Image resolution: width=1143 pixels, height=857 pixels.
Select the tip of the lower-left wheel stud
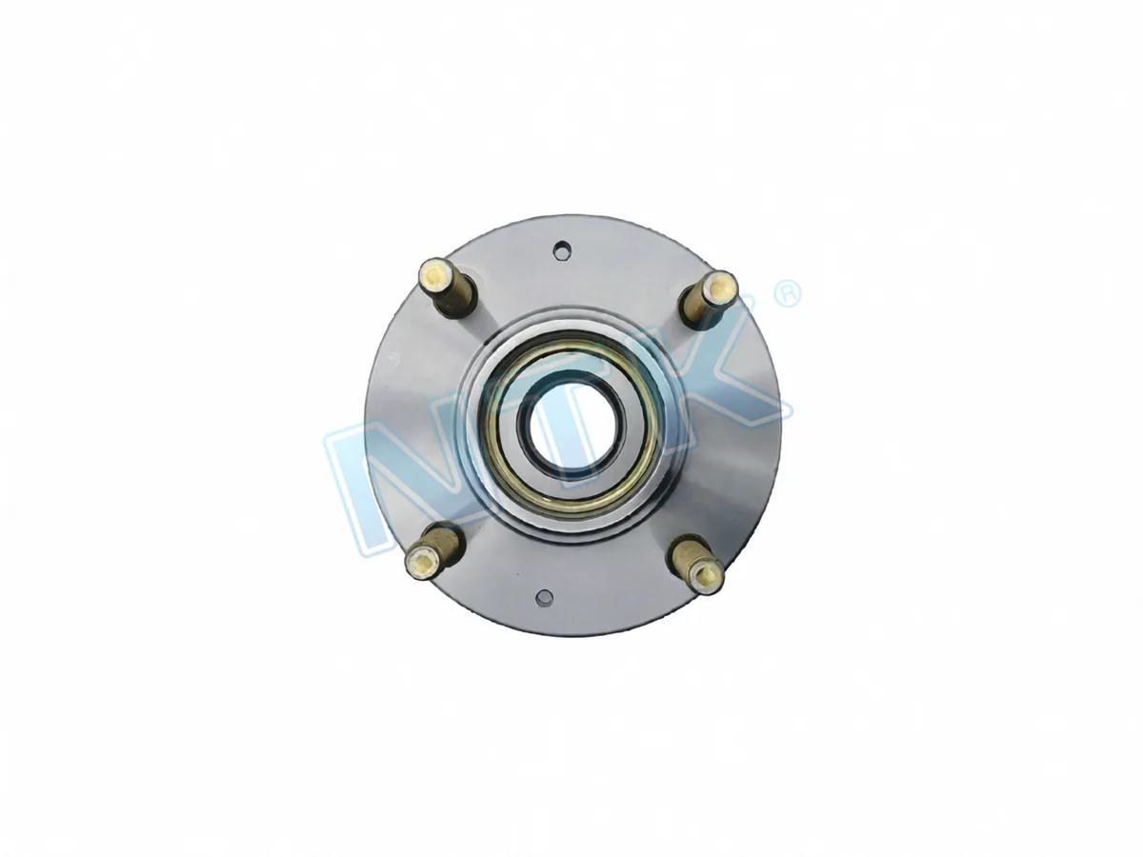[422, 562]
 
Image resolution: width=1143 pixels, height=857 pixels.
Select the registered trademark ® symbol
[788, 294]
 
